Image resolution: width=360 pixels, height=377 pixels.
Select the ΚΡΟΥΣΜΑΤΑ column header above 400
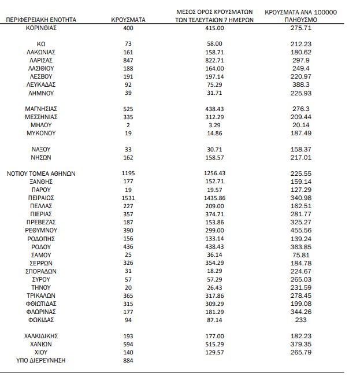128,20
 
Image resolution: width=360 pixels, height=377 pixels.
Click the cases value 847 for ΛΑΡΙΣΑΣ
128,60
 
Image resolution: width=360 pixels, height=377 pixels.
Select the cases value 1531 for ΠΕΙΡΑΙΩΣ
128,197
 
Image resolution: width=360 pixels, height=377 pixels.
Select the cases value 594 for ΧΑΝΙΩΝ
128,343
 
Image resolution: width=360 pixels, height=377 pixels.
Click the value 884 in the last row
128,360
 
